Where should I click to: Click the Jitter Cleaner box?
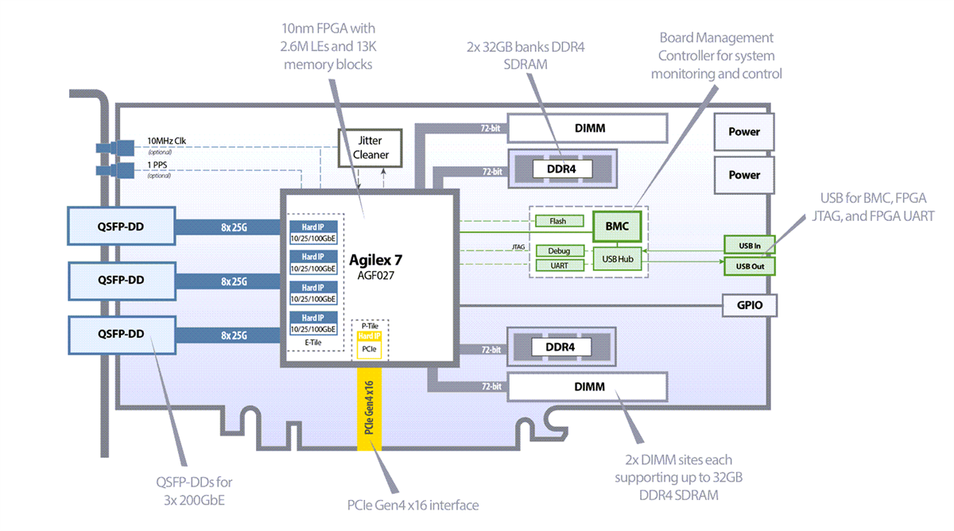[371, 147]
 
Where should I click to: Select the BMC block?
[616, 226]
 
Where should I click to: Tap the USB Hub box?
[617, 258]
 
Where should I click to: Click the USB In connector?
[750, 245]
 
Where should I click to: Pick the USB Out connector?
[750, 265]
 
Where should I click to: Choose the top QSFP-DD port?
[121, 226]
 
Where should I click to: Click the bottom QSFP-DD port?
[121, 334]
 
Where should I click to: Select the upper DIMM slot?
[588, 127]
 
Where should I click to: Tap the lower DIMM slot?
[588, 386]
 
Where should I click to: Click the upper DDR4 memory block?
[563, 169]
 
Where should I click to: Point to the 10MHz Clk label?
[168, 141]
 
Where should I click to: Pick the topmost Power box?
[744, 132]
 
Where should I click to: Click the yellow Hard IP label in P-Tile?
[369, 336]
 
